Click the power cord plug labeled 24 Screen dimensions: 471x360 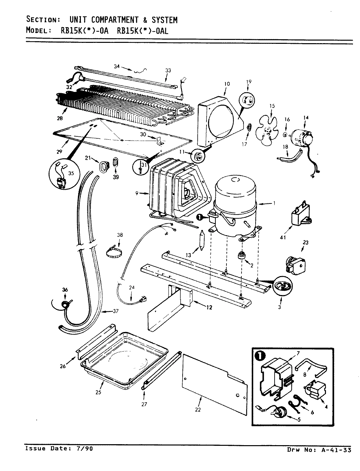click(141, 299)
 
